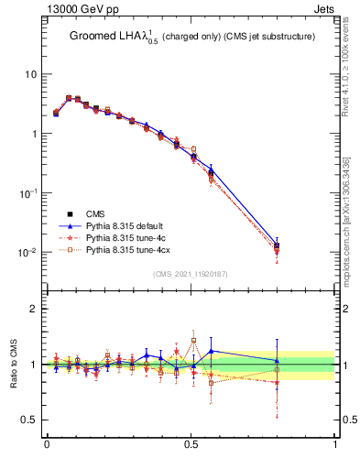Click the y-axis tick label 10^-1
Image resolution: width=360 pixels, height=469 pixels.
pyautogui.click(x=29, y=193)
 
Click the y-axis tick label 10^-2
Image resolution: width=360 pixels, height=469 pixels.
pyautogui.click(x=29, y=253)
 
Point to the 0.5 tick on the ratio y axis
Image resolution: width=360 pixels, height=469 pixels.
pyautogui.click(x=30, y=420)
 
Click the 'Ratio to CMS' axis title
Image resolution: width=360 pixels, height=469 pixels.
pyautogui.click(x=15, y=365)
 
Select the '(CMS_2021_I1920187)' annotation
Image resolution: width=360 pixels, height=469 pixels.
pyautogui.click(x=191, y=274)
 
